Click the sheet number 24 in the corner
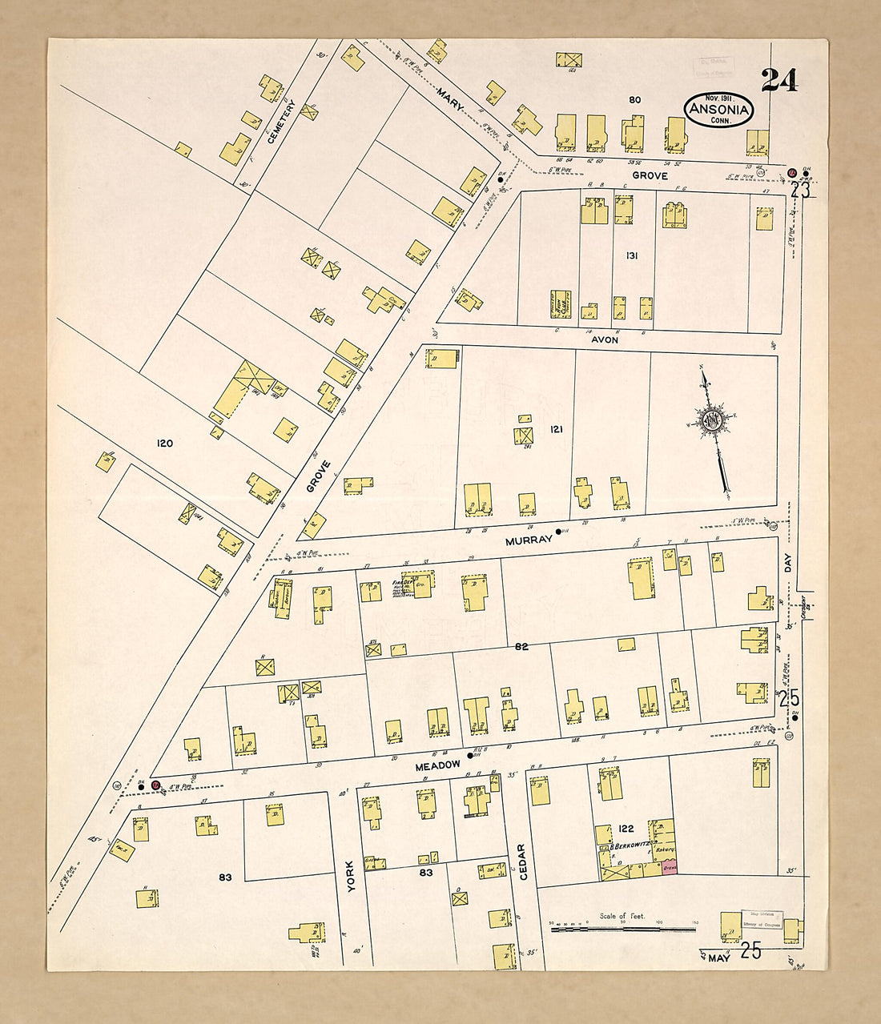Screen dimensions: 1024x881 pos(778,80)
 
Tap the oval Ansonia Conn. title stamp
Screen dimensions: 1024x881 pos(718,110)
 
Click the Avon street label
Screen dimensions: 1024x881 pos(605,339)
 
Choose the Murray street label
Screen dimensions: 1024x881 pos(529,540)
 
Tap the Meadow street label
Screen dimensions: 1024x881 pos(437,765)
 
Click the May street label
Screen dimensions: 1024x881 pos(719,957)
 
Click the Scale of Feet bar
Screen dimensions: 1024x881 pos(622,929)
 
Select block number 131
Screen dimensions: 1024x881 pos(632,255)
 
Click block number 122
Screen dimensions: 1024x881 pos(626,829)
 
